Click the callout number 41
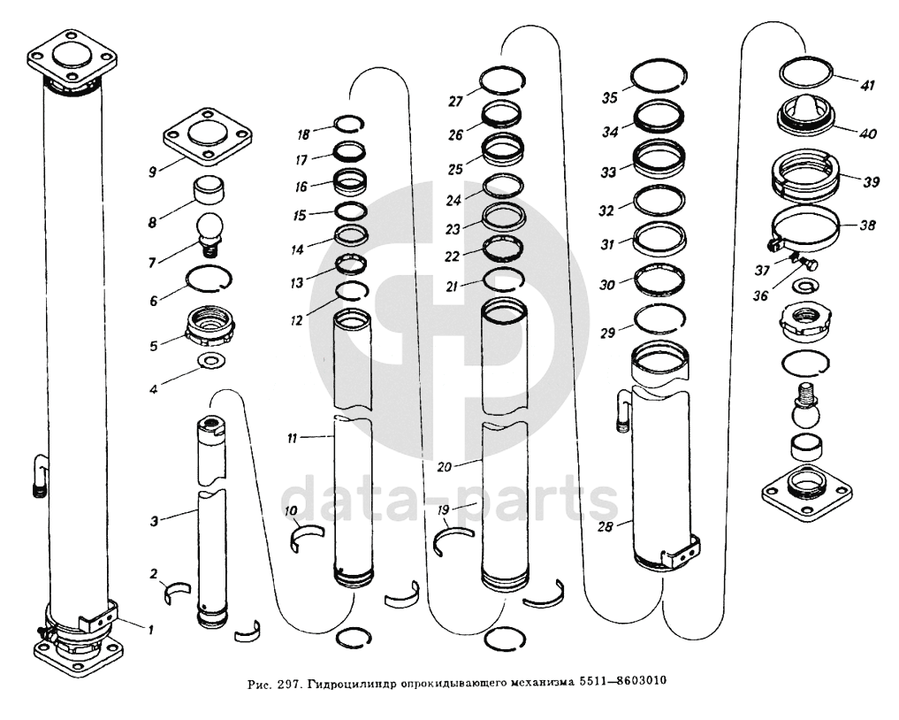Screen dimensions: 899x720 866,85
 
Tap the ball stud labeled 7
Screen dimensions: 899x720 210,234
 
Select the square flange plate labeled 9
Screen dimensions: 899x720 208,136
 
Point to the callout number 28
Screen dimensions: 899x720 605,526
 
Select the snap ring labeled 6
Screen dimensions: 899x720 210,279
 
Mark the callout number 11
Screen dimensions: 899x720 293,439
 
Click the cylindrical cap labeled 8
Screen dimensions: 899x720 210,189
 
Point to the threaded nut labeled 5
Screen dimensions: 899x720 210,326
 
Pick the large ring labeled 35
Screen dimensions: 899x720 659,75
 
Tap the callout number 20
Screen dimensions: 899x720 445,467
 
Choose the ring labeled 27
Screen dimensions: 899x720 503,80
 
